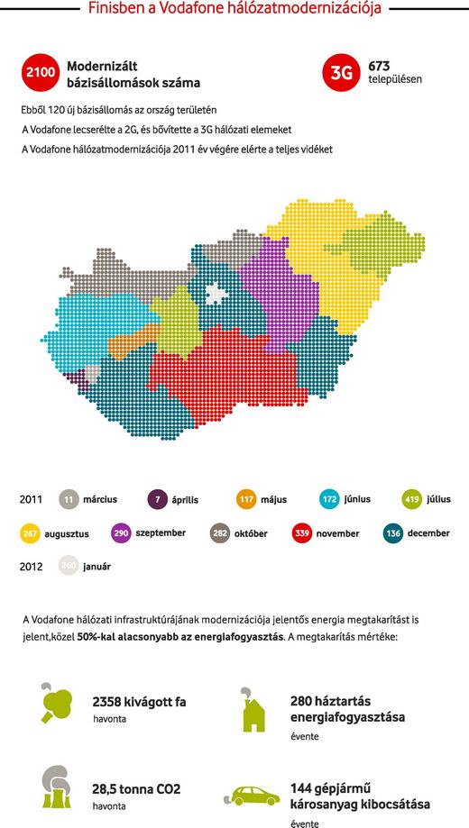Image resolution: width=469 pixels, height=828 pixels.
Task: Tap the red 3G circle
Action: [340, 73]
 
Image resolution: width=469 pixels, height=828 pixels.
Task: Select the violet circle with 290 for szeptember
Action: [122, 533]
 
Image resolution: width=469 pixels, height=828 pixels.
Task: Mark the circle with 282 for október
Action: [219, 533]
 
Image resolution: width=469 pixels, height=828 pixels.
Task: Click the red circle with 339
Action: [302, 533]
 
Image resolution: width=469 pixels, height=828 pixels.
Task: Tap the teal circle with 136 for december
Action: [393, 533]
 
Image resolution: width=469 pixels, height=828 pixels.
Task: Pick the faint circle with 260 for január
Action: [69, 567]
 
